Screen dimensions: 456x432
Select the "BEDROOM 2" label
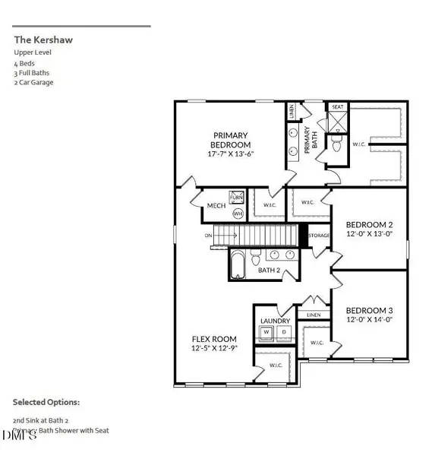tap(369, 225)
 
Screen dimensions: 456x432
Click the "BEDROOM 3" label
tap(369, 311)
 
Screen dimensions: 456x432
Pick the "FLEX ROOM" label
tap(213, 339)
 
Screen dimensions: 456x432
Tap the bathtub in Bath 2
tap(238, 264)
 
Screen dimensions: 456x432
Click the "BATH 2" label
tap(270, 270)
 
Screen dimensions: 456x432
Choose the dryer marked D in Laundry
tap(283, 332)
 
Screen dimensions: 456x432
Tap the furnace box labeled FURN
tap(237, 196)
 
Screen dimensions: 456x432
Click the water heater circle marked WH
tap(238, 214)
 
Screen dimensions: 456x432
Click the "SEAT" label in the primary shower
tap(337, 106)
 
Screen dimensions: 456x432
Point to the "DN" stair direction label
tap(209, 236)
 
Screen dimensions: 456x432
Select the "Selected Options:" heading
tap(46, 402)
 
